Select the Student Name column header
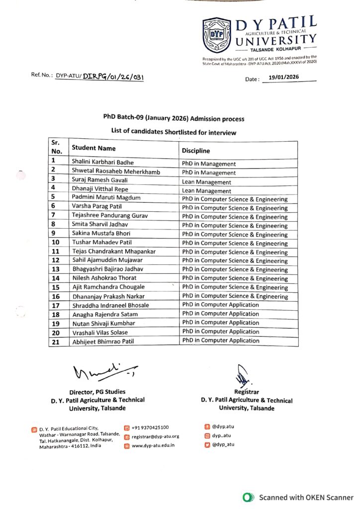pos(93,148)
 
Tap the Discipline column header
pos(196,151)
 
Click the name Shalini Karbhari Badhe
pos(103,162)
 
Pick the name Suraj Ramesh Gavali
pos(100,179)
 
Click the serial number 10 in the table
pos(56,242)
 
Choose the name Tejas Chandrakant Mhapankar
pos(114,251)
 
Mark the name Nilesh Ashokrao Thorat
pos(104,278)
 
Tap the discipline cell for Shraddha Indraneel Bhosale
pos(220,305)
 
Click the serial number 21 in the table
pos(56,341)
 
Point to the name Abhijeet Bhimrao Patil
pos(103,341)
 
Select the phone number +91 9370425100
pos(150,427)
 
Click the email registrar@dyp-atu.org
pos(155,436)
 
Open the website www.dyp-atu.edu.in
pos(153,445)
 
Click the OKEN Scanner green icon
pos(247,497)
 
